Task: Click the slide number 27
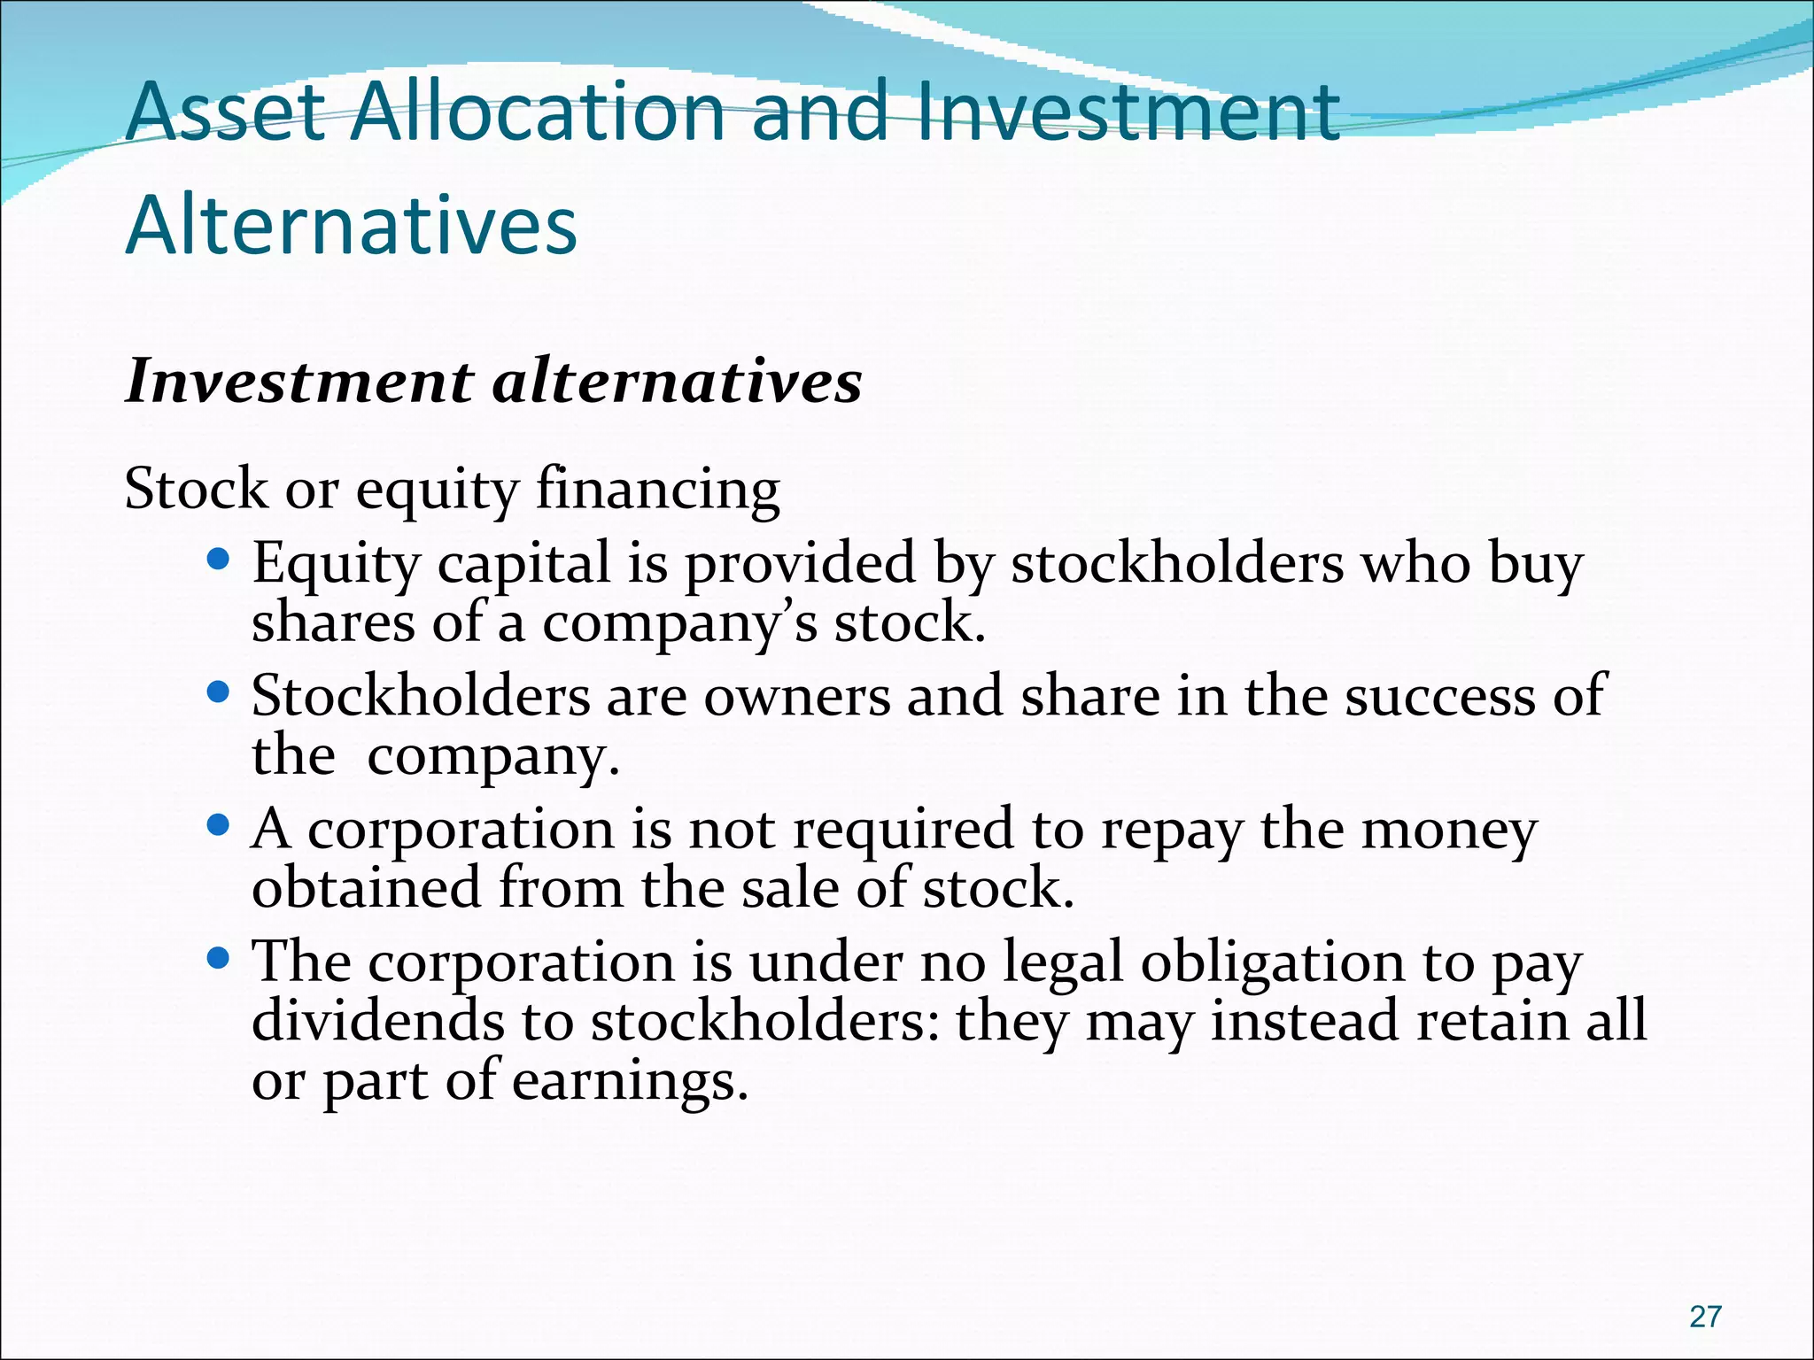point(1705,1317)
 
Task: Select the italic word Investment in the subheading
point(299,382)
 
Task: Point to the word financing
point(658,490)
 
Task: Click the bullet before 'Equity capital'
point(218,560)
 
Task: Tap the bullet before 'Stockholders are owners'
point(218,692)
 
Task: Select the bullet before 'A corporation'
point(218,825)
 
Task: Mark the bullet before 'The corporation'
point(218,958)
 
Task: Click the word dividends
point(378,1021)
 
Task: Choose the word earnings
point(631,1081)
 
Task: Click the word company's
point(679,623)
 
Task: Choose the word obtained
point(367,888)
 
